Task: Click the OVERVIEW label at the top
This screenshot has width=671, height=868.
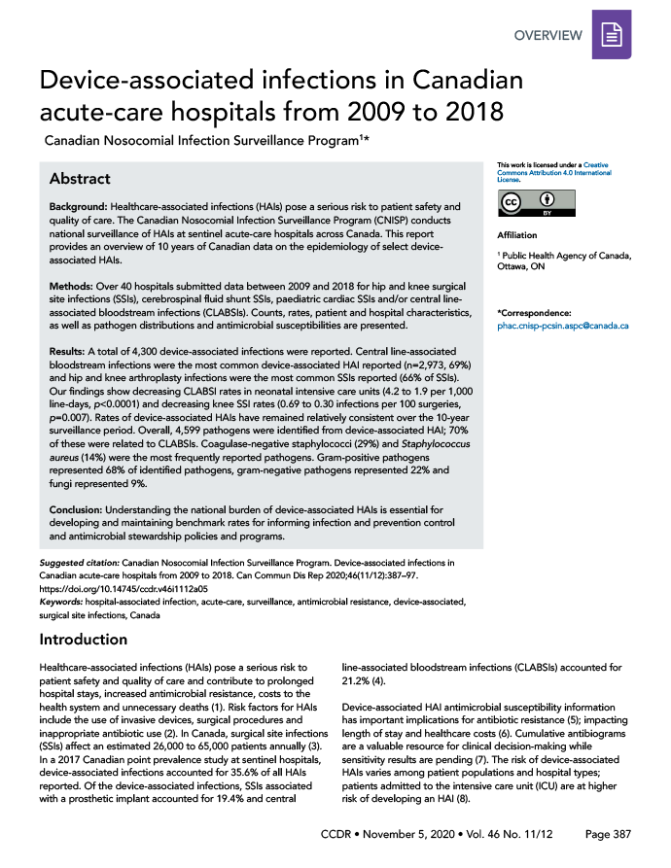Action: click(x=547, y=36)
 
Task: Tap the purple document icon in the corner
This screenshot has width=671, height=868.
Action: click(x=611, y=37)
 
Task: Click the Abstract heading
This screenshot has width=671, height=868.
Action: click(x=80, y=179)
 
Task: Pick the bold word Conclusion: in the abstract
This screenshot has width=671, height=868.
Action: click(x=79, y=509)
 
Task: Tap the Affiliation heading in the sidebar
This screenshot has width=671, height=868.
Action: click(x=518, y=235)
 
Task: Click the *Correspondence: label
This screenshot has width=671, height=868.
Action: click(x=533, y=312)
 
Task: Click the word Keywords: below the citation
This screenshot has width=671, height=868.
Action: click(x=62, y=602)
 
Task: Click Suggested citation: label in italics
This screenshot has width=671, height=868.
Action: click(x=79, y=563)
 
